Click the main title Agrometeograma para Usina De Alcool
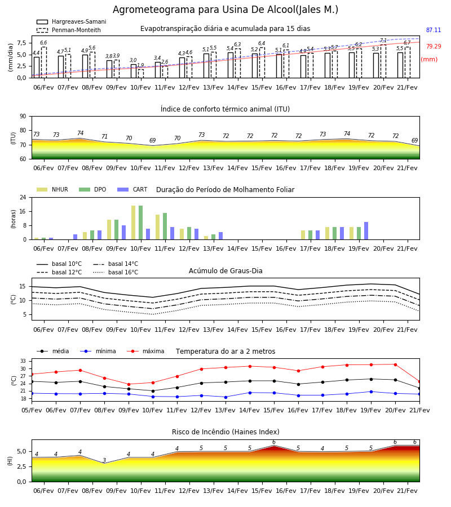(x=225, y=10)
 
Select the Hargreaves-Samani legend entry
(x=72, y=21)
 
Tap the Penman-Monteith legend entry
(x=69, y=30)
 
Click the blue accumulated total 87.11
(x=434, y=30)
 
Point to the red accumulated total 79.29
(x=434, y=46)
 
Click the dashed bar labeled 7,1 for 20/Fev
(x=383, y=61)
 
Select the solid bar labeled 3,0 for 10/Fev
(x=134, y=71)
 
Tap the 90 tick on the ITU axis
(x=23, y=117)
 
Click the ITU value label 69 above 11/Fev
(x=152, y=140)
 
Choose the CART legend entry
(x=132, y=189)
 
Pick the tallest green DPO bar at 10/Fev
(x=141, y=223)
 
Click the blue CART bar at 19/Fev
(x=366, y=231)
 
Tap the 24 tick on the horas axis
(x=23, y=197)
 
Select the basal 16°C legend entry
(x=116, y=272)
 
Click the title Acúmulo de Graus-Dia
(x=225, y=270)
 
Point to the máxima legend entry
(x=145, y=351)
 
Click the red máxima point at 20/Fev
(x=395, y=364)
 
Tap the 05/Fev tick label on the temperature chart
(x=32, y=410)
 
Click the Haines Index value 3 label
(x=104, y=460)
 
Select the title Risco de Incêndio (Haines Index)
(x=225, y=432)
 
